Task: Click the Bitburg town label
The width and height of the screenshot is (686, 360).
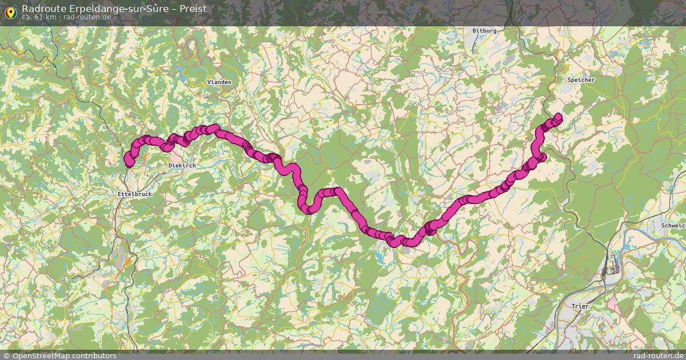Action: coord(484,30)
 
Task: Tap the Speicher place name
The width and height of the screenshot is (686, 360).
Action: coord(581,80)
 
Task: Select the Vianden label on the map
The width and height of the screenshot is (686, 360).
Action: coord(220,82)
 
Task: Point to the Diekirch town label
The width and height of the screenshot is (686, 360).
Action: coord(182,165)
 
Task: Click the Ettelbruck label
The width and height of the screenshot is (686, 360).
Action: coord(134,194)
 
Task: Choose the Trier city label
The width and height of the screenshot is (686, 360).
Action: coord(580,307)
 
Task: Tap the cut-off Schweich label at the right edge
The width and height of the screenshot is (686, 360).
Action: coord(673,226)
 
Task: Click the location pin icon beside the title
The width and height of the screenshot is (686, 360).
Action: coord(10,10)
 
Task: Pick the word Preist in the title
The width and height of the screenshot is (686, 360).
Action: coord(193,9)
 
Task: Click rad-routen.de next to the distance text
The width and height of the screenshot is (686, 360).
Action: coord(87,17)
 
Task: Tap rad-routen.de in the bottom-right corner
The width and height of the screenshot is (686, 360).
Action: coord(659,355)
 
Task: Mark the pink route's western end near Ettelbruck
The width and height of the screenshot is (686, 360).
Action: coord(129,163)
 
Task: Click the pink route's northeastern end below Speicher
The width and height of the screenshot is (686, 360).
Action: coord(557,118)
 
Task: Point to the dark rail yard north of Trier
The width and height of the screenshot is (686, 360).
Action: coord(613,264)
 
